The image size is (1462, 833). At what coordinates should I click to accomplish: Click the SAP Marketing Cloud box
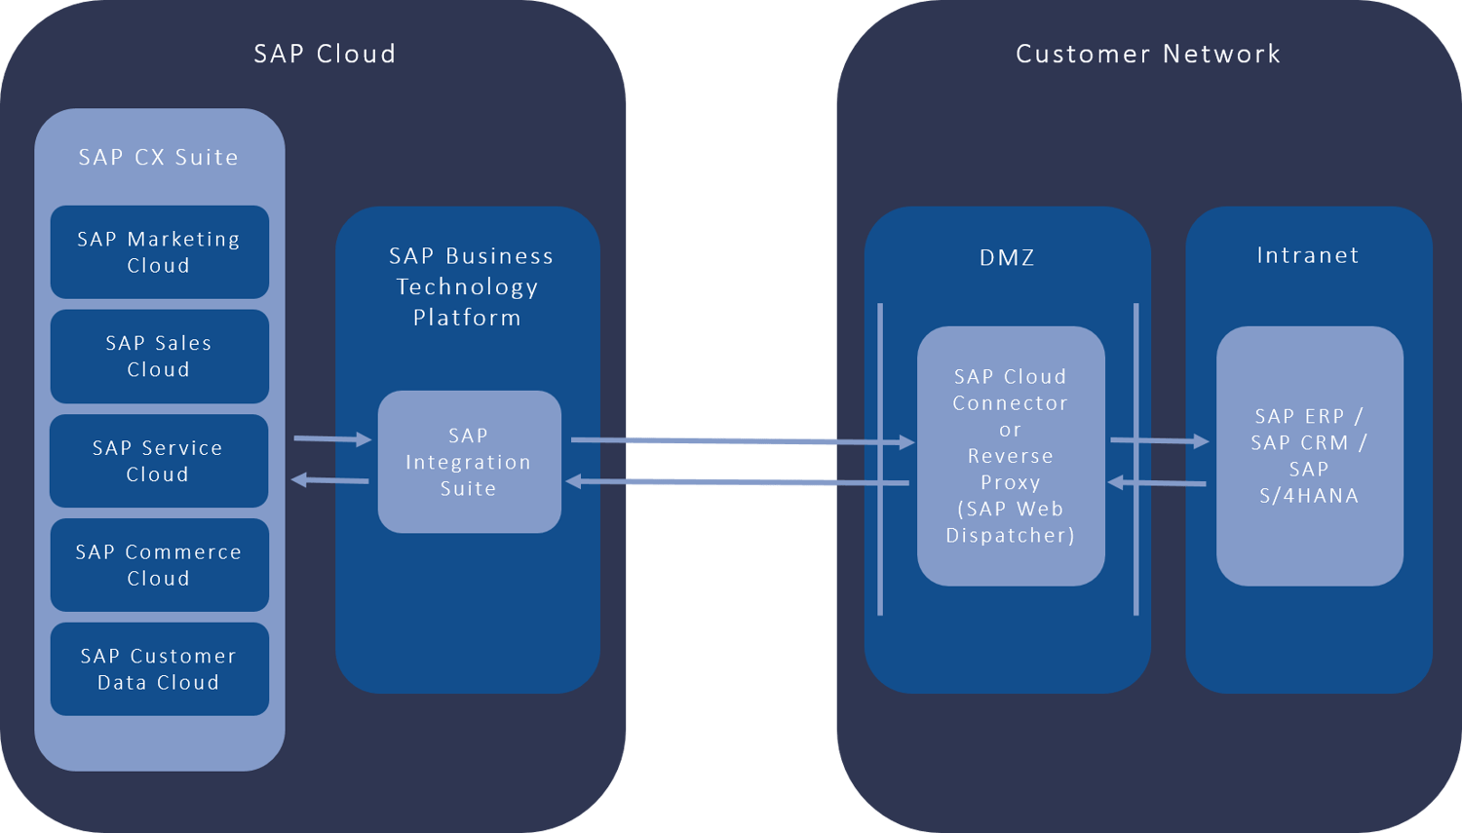coord(159,251)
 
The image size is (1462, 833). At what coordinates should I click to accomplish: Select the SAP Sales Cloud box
coord(159,356)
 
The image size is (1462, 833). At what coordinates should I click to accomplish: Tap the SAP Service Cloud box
coord(159,461)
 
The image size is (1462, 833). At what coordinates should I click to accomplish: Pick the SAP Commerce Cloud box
coord(159,565)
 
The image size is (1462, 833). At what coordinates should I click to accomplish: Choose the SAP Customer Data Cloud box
coord(159,669)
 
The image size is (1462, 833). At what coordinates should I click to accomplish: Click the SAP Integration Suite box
coord(469,462)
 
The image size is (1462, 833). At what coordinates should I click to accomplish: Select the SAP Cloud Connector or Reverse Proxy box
coord(1011,456)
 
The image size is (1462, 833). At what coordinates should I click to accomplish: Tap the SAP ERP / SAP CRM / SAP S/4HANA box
coord(1309,456)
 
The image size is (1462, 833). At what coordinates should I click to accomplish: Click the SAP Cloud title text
coord(325,54)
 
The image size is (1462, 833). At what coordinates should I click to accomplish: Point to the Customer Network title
coord(1147,54)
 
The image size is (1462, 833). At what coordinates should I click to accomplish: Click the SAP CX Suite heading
coord(159,157)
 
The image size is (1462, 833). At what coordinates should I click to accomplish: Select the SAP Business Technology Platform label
coord(469,286)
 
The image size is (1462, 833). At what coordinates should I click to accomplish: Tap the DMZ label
coord(1007,257)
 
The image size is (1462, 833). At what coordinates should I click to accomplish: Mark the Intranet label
coord(1307,255)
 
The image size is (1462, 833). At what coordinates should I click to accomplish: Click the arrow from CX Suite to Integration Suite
coord(332,439)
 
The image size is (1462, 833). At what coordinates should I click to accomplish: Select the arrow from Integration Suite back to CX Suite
coord(330,479)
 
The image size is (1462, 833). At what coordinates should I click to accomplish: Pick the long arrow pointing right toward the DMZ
coord(741,441)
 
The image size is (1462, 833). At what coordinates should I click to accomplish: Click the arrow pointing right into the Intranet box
coord(1159,440)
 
